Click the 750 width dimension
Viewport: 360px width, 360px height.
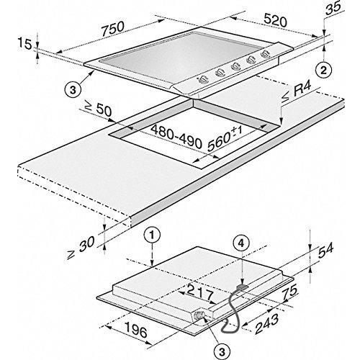pyautogui.click(x=113, y=29)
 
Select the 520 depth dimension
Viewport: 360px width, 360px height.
pyautogui.click(x=275, y=20)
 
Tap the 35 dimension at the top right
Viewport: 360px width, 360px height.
pyautogui.click(x=333, y=6)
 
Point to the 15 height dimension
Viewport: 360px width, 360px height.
pyautogui.click(x=24, y=44)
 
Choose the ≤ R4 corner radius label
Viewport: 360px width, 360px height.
pyautogui.click(x=297, y=93)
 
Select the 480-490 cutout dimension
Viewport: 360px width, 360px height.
pyautogui.click(x=176, y=137)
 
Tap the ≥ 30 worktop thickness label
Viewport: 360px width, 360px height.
pyautogui.click(x=81, y=247)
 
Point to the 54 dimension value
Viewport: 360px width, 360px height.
pyautogui.click(x=325, y=251)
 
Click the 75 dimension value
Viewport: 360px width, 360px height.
pyautogui.click(x=290, y=292)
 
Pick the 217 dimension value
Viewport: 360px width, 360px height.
pyautogui.click(x=200, y=292)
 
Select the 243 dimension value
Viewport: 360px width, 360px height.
pyautogui.click(x=267, y=323)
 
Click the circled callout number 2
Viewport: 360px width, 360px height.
pyautogui.click(x=323, y=71)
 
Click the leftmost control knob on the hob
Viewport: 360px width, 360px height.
pyautogui.click(x=203, y=80)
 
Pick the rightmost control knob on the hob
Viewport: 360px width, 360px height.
pyautogui.click(x=265, y=54)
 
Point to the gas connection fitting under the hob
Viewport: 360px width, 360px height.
pyautogui.click(x=199, y=315)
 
